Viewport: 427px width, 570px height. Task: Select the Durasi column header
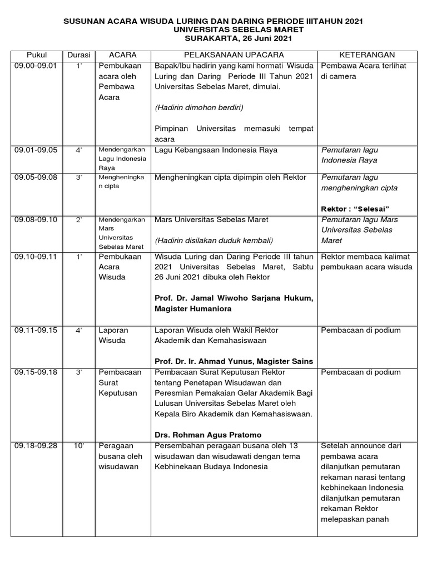coord(78,55)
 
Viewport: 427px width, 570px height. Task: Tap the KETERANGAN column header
coord(367,55)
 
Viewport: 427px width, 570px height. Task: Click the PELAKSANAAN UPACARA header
coord(234,55)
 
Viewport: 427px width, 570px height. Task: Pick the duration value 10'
coord(79,445)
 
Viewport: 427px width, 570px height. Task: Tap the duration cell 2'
coord(79,219)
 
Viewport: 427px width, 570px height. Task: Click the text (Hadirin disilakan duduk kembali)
coord(208,240)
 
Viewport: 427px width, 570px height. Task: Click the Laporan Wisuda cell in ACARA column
coord(113,335)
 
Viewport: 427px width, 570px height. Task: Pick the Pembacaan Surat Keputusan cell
coord(120,382)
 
